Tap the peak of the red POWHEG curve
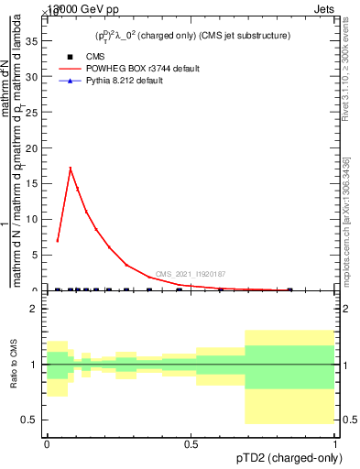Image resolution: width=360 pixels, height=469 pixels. [70, 168]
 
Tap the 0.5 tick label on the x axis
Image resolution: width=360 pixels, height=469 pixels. [191, 444]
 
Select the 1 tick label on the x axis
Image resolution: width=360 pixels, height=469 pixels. [334, 444]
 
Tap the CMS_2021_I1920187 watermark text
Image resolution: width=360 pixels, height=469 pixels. [191, 274]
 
